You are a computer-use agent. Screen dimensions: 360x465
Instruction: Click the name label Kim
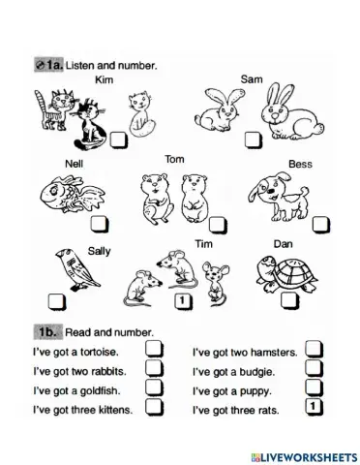tap(104, 79)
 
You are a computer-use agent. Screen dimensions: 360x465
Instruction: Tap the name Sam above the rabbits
tap(252, 79)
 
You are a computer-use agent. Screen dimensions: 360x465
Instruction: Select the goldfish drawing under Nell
tap(73, 194)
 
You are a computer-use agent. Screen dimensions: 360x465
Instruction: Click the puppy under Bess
tap(279, 196)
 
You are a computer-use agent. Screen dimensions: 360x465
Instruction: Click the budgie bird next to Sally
tap(77, 269)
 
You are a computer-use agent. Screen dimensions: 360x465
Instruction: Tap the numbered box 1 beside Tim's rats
tap(183, 302)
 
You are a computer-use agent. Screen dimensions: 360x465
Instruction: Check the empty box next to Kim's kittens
tap(119, 140)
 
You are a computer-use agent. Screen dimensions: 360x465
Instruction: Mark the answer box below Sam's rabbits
tap(254, 139)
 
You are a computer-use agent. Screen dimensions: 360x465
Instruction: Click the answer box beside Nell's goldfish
tap(100, 224)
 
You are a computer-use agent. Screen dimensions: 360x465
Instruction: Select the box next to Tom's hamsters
tap(218, 225)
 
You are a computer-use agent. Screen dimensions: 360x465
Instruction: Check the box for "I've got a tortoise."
tap(154, 350)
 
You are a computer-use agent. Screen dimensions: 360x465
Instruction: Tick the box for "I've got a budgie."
tap(314, 368)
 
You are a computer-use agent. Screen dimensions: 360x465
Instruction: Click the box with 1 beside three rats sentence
tap(314, 407)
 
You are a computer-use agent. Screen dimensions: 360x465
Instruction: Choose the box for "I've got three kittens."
tap(154, 407)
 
